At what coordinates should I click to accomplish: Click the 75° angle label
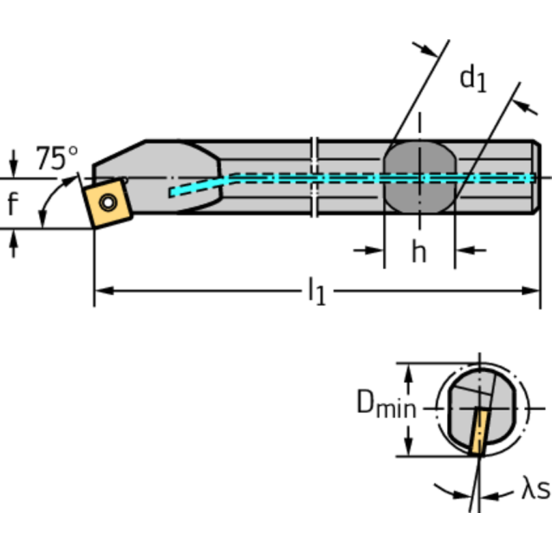[x=57, y=157]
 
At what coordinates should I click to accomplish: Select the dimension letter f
[x=12, y=205]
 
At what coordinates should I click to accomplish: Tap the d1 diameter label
[x=473, y=78]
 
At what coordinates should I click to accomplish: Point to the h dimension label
[x=419, y=252]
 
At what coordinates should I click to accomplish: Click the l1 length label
[x=316, y=291]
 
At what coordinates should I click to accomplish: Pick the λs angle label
[x=535, y=491]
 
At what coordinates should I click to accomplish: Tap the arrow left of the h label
[x=371, y=250]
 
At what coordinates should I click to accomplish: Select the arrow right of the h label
[x=468, y=250]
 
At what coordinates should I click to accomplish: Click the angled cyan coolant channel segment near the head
[x=199, y=186]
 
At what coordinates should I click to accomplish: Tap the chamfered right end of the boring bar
[x=536, y=178]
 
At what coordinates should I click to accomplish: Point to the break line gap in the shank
[x=315, y=178]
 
